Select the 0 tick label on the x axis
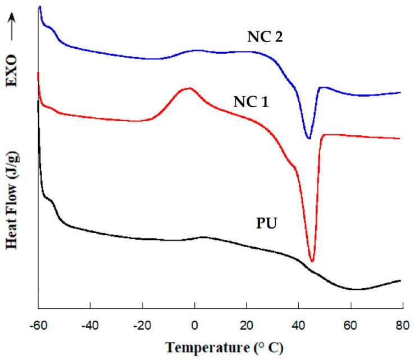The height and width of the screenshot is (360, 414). coord(194,325)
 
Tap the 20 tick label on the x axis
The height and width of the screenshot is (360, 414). coord(246,325)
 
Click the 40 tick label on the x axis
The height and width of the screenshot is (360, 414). coord(298,325)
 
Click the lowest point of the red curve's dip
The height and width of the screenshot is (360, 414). coord(312,261)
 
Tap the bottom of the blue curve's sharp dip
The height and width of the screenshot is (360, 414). coord(308,139)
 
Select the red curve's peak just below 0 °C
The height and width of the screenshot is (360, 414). coord(188,88)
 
